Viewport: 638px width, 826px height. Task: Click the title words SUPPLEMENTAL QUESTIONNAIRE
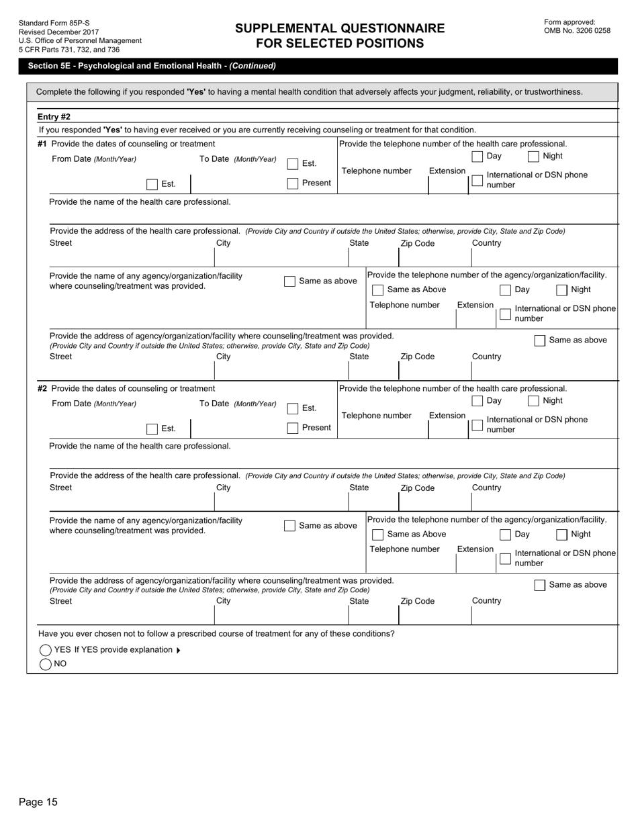pos(340,28)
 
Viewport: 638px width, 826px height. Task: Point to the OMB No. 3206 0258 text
pos(577,30)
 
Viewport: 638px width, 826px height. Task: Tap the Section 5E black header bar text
pos(152,66)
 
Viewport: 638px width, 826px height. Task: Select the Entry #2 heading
pos(54,117)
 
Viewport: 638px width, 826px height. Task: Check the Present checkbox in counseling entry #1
pos(293,183)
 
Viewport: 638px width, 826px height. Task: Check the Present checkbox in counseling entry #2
pos(293,428)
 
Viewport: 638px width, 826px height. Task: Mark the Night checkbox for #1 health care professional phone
pos(533,156)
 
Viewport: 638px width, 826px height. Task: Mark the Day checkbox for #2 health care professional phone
pos(477,401)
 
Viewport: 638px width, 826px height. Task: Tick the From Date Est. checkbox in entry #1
pos(152,184)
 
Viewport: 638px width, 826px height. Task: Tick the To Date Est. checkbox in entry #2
pos(293,408)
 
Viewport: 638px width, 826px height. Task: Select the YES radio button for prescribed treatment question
pos(46,650)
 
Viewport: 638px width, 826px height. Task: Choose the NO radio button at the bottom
pos(46,664)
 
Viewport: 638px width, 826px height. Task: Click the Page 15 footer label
pos(38,802)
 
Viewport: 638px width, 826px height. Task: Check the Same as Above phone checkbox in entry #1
pos(378,290)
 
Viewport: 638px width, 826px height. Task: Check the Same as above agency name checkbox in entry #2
pos(289,526)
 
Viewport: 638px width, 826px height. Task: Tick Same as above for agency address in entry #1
pos(540,340)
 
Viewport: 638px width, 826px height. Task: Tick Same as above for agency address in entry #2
pos(540,585)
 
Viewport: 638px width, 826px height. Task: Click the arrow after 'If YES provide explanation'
pos(178,650)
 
